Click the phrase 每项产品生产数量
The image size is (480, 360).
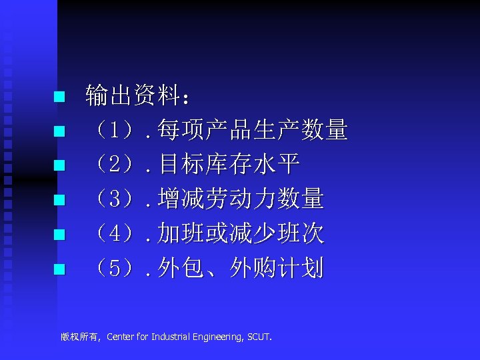click(x=253, y=131)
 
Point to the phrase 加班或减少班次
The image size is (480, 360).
click(x=241, y=234)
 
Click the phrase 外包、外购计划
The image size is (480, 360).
click(x=241, y=269)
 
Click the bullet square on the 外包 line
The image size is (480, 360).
click(x=59, y=269)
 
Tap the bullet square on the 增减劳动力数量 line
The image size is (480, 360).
click(x=59, y=200)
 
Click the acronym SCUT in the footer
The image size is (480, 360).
click(x=258, y=337)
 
